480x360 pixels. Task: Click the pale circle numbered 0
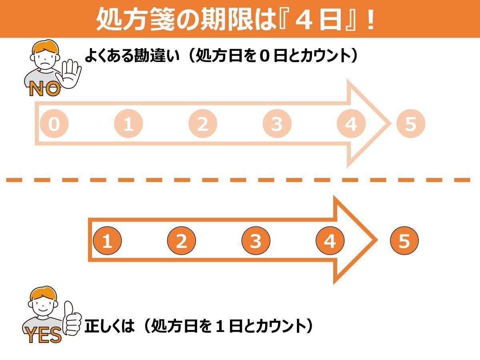tap(54, 124)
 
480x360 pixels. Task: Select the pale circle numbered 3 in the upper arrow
tap(277, 124)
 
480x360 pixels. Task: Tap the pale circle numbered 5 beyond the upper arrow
tap(410, 124)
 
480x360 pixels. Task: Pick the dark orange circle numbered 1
tap(107, 241)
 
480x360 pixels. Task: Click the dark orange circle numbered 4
tap(330, 241)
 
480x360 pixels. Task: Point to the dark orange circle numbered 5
tap(404, 241)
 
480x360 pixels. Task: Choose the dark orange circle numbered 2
tap(181, 241)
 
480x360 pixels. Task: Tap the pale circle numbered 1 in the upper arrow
tap(128, 124)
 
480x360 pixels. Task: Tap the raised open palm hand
tap(71, 74)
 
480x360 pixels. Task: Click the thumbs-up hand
tap(71, 318)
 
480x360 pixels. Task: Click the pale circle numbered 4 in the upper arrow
tap(351, 124)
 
